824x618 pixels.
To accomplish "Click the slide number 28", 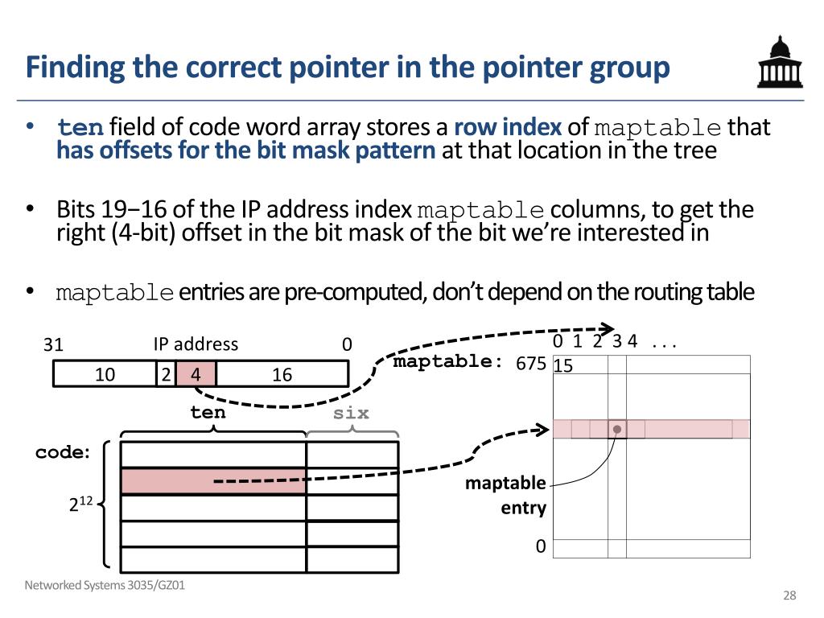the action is click(x=789, y=595).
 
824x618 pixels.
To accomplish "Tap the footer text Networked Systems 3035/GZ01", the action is click(x=105, y=586).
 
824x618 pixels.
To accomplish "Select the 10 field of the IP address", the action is click(x=105, y=374).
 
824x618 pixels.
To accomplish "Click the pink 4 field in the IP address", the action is click(x=196, y=374).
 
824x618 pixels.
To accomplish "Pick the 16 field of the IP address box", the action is click(x=282, y=374).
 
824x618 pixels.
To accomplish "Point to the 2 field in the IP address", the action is click(x=165, y=374).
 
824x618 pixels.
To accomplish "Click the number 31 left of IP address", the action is click(x=53, y=345).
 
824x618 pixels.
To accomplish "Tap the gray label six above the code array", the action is click(x=352, y=413).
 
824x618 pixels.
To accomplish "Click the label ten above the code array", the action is click(x=208, y=413).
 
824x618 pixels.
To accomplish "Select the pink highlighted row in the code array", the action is click(x=213, y=481).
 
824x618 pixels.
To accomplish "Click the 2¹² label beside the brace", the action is click(x=80, y=505).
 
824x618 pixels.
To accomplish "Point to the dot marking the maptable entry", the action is click(x=617, y=430).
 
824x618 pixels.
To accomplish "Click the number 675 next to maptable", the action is click(x=531, y=365).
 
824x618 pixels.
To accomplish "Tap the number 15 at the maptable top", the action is click(x=563, y=366).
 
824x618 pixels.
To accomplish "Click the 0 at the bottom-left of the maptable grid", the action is click(x=541, y=547).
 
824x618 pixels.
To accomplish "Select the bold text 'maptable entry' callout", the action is click(x=505, y=496).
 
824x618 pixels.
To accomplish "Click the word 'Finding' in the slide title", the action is click(x=76, y=68).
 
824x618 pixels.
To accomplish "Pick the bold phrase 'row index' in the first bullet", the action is click(x=508, y=128).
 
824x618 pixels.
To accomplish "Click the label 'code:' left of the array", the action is click(x=63, y=453).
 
